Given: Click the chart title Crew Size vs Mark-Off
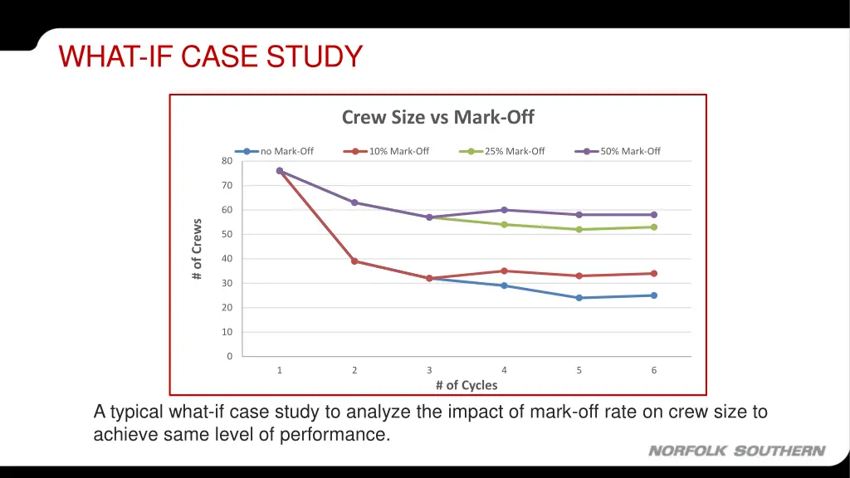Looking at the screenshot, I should [x=438, y=118].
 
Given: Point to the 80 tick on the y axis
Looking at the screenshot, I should [x=227, y=161].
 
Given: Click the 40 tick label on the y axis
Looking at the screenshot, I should [x=227, y=259].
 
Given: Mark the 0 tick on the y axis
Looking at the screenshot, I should [x=229, y=357].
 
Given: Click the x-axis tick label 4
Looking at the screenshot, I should [x=504, y=370].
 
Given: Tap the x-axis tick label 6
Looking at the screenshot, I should [x=654, y=370].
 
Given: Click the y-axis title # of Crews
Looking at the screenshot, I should [x=197, y=249].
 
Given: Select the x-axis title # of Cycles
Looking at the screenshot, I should [x=467, y=385].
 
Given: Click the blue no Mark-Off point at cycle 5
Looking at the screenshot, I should [x=579, y=298].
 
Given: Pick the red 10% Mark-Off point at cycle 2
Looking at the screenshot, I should [x=354, y=261].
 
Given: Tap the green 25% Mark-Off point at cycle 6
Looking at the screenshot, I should [x=654, y=227].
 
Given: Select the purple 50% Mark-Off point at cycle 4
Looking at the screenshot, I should [x=504, y=210].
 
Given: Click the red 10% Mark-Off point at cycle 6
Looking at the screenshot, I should [x=654, y=273].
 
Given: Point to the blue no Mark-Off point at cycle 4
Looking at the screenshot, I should [x=504, y=285].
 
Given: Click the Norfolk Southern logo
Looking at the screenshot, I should [x=736, y=451].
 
